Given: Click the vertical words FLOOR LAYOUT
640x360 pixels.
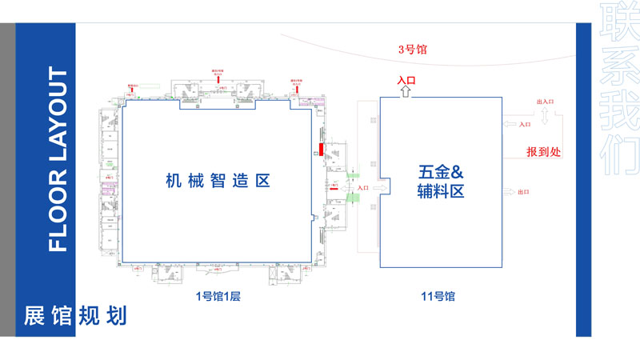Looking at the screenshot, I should (x=58, y=160).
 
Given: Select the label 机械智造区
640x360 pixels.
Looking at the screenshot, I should (x=218, y=181).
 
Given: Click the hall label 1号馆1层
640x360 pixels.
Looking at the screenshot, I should (x=218, y=297).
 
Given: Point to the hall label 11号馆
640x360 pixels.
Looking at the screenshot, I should (x=438, y=297).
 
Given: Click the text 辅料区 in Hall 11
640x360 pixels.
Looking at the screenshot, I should (x=441, y=192).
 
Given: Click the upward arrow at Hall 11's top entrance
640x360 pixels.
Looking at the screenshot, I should (x=406, y=92).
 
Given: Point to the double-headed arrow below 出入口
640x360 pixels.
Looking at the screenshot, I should (x=544, y=117).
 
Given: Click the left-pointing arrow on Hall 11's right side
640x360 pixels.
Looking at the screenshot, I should (x=509, y=124).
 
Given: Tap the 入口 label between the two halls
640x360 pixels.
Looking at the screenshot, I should (x=363, y=188).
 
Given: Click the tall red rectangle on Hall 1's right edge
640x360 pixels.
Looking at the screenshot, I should (x=320, y=149).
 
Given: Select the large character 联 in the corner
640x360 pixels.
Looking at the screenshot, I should (x=621, y=18).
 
